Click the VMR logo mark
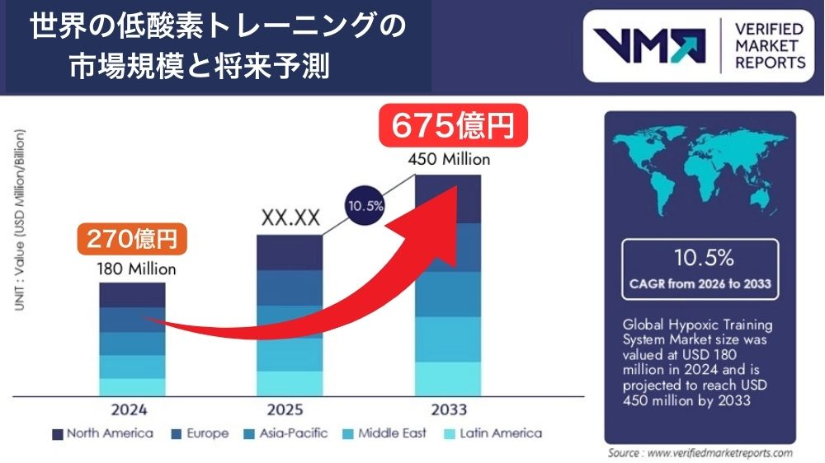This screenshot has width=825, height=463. pyautogui.click(x=650, y=46)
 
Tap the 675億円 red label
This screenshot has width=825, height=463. pyautogui.click(x=452, y=126)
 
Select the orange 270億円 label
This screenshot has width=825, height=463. pyautogui.click(x=133, y=241)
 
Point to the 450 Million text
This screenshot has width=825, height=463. pyautogui.click(x=449, y=159)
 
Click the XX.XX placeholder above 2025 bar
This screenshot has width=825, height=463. pyautogui.click(x=290, y=217)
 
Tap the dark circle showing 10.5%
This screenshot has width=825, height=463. pyautogui.click(x=364, y=206)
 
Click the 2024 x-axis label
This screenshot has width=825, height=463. pyautogui.click(x=132, y=409)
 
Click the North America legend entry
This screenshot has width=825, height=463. pyautogui.click(x=102, y=433)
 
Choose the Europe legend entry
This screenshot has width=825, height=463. pyautogui.click(x=200, y=433)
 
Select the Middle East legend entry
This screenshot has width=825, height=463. pyautogui.click(x=385, y=433)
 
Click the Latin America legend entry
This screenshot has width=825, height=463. pyautogui.click(x=493, y=433)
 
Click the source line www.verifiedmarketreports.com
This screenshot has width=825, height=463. pyautogui.click(x=700, y=453)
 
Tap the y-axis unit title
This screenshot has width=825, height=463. pyautogui.click(x=18, y=219)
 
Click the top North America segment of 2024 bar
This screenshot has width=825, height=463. pyautogui.click(x=132, y=295)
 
